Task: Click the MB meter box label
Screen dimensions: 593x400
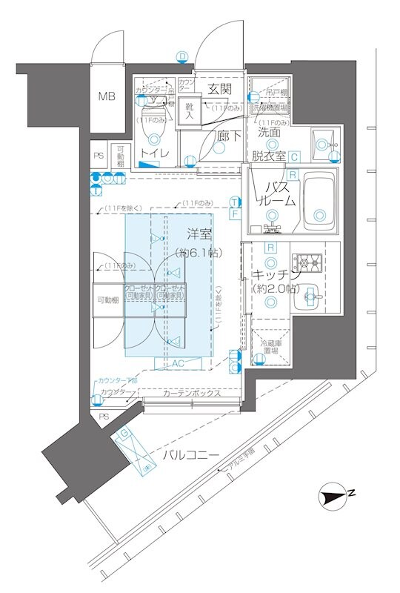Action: (x=108, y=96)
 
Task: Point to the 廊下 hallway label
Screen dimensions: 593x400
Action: (x=229, y=136)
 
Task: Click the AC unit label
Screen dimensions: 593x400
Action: (x=178, y=364)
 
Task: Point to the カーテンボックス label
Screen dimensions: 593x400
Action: (x=191, y=393)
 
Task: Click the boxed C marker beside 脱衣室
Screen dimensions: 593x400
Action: (x=294, y=156)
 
